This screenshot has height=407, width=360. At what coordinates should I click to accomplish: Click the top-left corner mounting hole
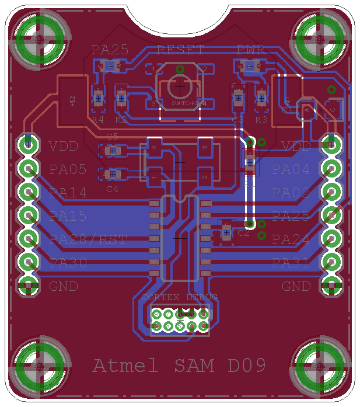coord(40,39)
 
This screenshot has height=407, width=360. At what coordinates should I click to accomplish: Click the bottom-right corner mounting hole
coord(320,366)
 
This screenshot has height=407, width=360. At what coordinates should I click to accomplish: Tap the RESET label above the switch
coord(180,50)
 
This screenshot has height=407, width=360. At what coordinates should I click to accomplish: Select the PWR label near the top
coord(251,50)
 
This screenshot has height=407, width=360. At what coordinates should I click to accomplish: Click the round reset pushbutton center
coord(180,86)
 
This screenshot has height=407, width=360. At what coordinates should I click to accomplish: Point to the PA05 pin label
coord(68,169)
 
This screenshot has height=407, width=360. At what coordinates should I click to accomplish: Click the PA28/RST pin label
coord(88,239)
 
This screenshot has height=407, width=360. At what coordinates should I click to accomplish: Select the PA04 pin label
coord(291,169)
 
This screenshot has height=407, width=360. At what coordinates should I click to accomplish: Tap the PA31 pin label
coord(291,263)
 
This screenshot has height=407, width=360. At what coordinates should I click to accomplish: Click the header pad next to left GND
coord(27,286)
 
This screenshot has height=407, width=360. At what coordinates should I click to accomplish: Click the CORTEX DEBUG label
coord(180,297)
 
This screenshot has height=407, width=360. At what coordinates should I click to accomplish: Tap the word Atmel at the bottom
coord(125,366)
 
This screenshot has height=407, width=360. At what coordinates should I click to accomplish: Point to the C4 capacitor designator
coord(112,189)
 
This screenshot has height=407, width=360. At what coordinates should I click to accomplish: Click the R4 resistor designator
coord(97,120)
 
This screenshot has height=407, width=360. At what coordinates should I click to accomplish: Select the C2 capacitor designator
coord(243,233)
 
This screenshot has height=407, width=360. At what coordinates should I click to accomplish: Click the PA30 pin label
coord(68,263)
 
